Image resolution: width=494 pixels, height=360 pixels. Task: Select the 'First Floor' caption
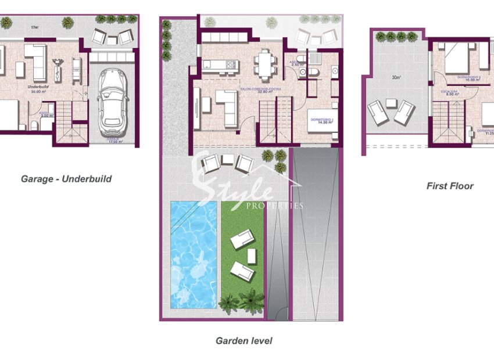pyautogui.click(x=450, y=186)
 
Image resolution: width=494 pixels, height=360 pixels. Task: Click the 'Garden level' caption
pyautogui.click(x=244, y=341)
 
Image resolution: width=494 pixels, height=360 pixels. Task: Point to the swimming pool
pyautogui.click(x=193, y=254)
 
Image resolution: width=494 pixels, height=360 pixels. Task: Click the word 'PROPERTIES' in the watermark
pyautogui.click(x=275, y=206)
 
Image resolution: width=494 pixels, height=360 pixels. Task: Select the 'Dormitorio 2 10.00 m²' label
pyautogui.click(x=468, y=78)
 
